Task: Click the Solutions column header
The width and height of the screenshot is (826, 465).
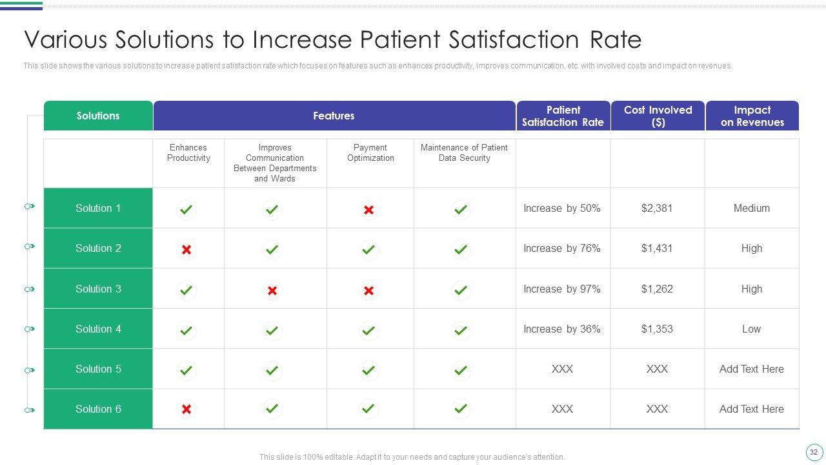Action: pos(98,116)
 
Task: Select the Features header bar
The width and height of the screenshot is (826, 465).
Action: pos(334,116)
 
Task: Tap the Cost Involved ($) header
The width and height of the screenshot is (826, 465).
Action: pos(658,116)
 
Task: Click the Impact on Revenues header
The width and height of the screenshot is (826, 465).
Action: pos(752,116)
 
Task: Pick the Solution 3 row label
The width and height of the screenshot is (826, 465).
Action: pos(98,289)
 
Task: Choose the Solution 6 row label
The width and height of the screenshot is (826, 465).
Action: pos(98,409)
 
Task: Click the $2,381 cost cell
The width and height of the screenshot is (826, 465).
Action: pos(657,208)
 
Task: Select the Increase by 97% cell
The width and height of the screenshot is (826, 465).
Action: pos(561,289)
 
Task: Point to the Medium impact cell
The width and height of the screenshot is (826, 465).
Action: pos(751,208)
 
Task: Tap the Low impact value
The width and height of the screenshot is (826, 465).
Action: pos(751,329)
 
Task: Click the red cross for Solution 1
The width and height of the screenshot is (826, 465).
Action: pos(368,210)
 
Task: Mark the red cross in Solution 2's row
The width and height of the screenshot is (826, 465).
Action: pos(186,249)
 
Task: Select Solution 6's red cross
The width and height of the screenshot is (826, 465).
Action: pos(186,409)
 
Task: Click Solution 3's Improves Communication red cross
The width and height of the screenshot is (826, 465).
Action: pos(272,291)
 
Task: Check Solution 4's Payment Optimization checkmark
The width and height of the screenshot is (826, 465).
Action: pos(368,331)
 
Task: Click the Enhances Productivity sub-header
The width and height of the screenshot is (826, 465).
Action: pos(188,153)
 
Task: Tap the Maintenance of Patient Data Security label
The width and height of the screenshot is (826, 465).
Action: pos(464,153)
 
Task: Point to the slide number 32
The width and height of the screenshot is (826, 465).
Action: pos(813,452)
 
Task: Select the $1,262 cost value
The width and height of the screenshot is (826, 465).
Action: pos(657,289)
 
